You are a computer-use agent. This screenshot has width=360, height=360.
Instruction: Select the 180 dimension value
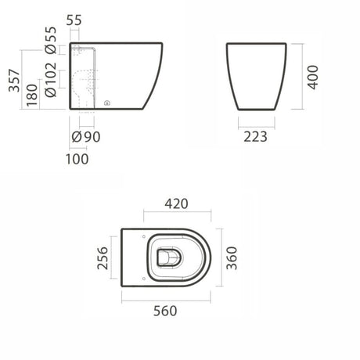pos(31,94)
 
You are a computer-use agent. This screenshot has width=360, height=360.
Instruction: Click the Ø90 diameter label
pos(85,138)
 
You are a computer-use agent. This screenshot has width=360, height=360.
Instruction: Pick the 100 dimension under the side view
pos(78,158)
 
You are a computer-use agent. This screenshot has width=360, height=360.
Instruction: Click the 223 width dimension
pos(256,137)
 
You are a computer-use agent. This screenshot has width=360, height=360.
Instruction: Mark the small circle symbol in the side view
pos(106,102)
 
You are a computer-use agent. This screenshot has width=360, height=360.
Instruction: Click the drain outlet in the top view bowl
pos(168,255)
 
